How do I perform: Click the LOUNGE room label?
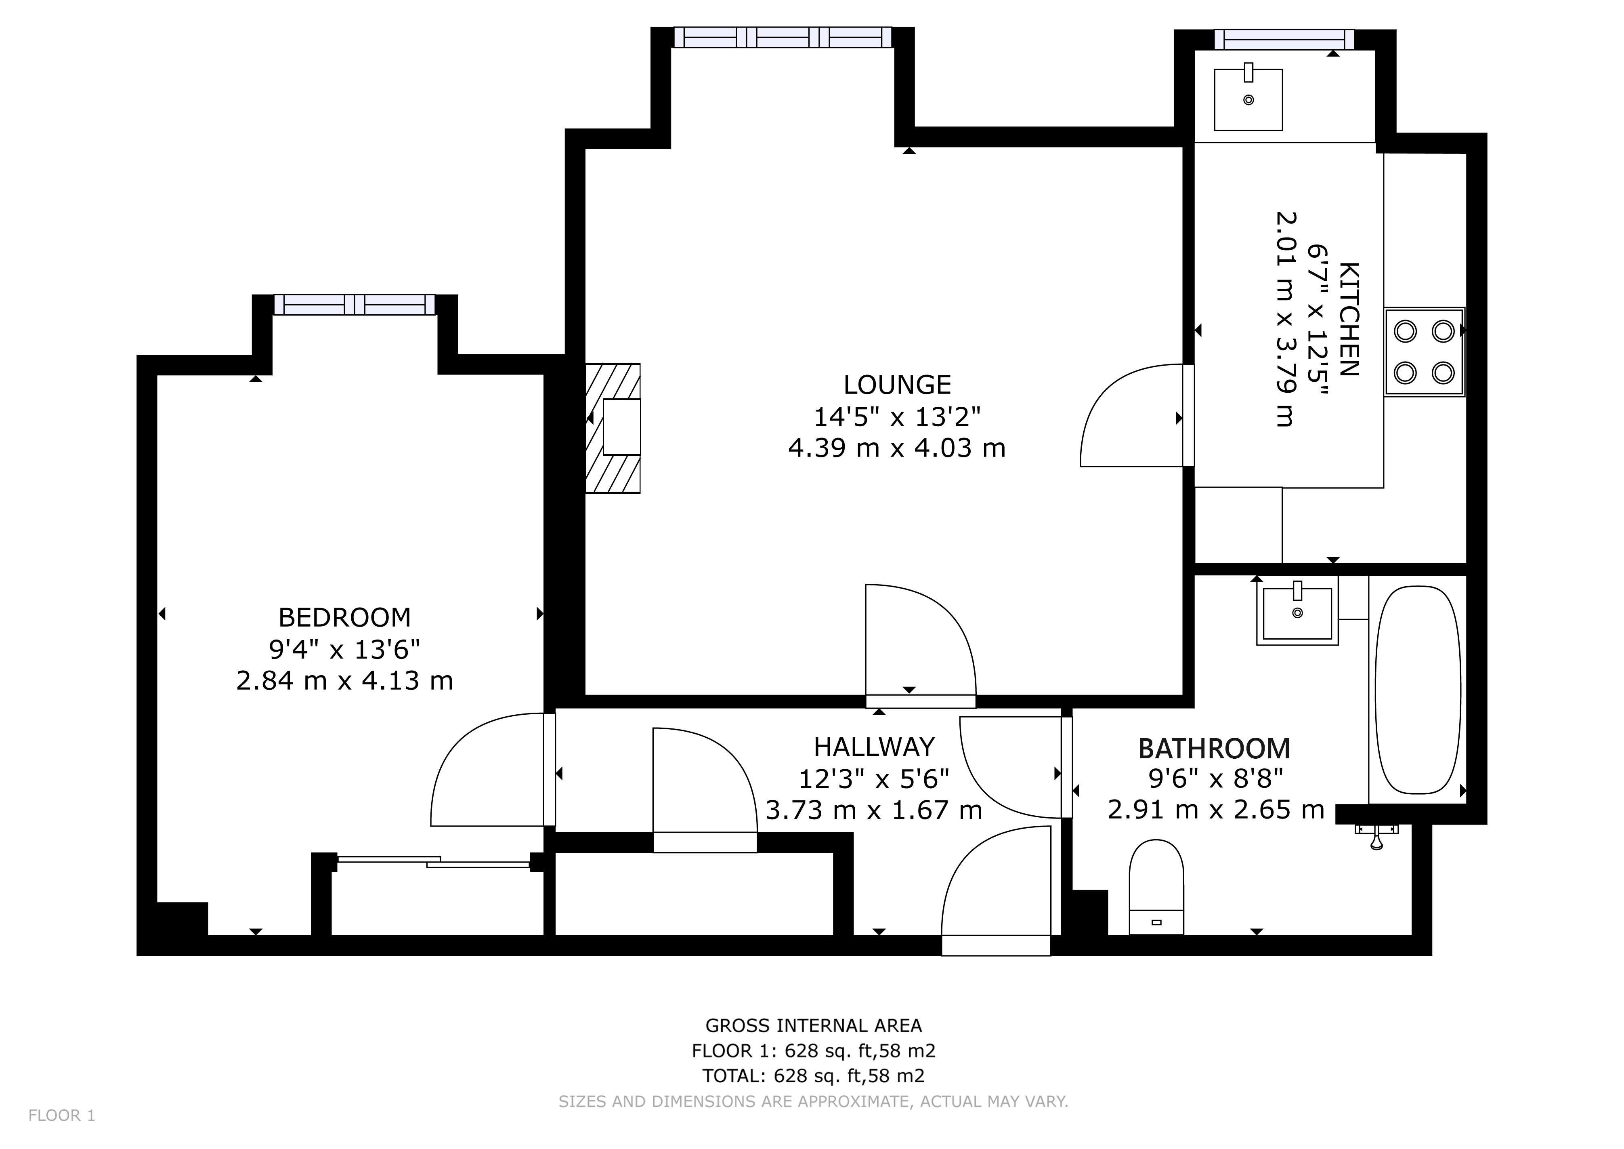[x=897, y=385]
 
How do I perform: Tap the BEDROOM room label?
[x=344, y=618]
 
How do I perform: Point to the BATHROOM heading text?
[x=1214, y=749]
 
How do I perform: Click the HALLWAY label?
[x=873, y=747]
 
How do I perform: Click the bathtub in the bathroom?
[x=1417, y=690]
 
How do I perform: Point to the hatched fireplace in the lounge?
[x=613, y=428]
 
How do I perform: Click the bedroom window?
[x=355, y=305]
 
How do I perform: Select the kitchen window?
[x=1284, y=40]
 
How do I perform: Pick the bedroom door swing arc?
[x=481, y=771]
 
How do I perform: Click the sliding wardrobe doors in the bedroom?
[x=433, y=862]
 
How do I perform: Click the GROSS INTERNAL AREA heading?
[x=814, y=1025]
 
